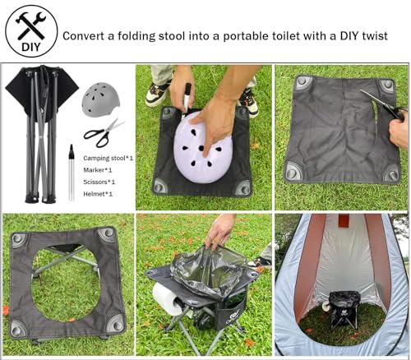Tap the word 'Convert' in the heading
86,35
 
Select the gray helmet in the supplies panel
100,99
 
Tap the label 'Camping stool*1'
108,157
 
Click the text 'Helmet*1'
98,193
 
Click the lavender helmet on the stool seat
201,148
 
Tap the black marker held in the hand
187,99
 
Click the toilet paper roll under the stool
168,300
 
